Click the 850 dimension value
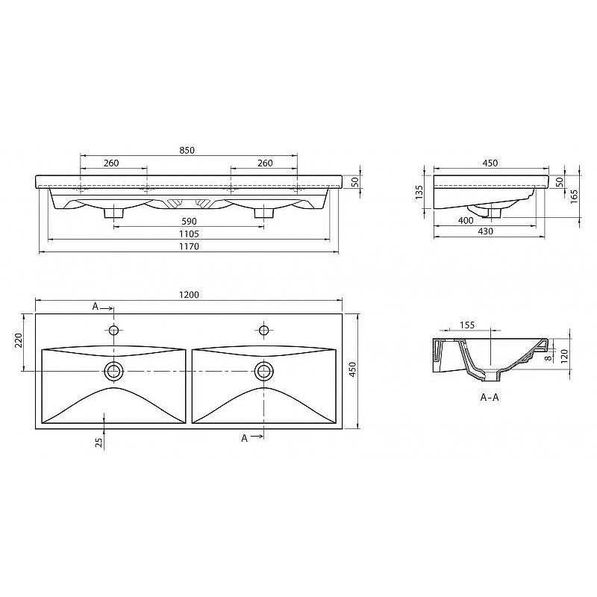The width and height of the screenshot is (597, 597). pos(187,151)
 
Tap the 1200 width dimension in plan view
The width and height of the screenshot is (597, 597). pos(190,295)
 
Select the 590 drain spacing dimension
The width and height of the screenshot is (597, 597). pos(190,221)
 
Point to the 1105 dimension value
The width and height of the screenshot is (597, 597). pos(190,234)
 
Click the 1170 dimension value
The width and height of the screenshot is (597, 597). pos(190,246)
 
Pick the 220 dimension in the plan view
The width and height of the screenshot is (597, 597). pos(19,340)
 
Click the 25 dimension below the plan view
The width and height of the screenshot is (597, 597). pos(99,443)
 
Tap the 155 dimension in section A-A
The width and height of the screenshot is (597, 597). pos(467,325)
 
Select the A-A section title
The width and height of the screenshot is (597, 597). pos(490,398)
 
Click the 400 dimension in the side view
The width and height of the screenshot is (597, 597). pos(466,220)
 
